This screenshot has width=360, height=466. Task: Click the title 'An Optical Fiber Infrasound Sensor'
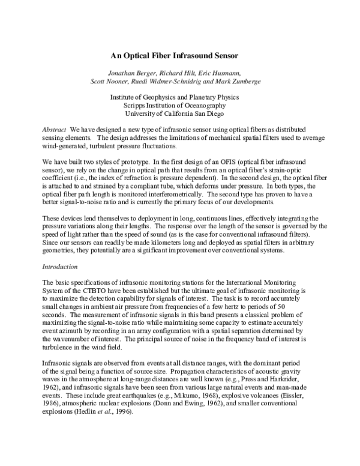[x=175, y=55]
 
